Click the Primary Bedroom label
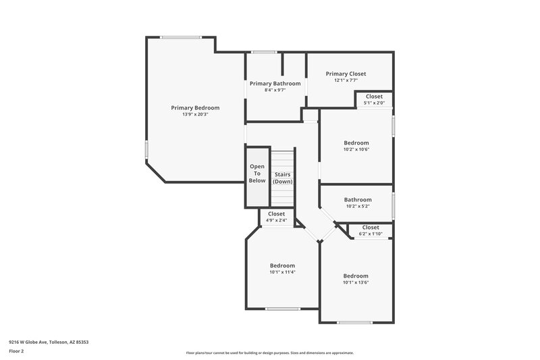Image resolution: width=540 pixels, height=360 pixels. tap(195, 107)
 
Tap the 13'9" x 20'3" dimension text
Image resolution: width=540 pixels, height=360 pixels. tap(195, 114)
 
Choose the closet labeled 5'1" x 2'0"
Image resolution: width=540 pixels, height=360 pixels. tap(374, 99)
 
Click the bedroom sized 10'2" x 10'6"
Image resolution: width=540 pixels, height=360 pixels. tap(356, 146)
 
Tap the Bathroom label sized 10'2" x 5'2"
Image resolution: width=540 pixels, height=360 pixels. tap(358, 203)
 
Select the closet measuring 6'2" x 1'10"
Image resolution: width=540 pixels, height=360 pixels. tap(371, 230)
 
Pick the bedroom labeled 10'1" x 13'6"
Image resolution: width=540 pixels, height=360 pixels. tap(356, 279)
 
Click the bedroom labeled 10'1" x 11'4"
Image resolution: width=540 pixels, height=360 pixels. tap(282, 269)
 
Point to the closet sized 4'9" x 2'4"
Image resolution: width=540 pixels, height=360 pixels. tap(277, 216)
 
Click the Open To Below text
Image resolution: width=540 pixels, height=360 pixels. tap(257, 174)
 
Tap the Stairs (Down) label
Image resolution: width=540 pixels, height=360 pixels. tap(282, 178)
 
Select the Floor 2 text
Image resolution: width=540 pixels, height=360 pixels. tap(17, 351)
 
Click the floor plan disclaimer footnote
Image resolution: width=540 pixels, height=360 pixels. tap(269, 353)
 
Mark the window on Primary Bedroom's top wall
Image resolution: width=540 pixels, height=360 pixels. tap(180, 37)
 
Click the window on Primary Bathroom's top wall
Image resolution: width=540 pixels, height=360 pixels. tap(263, 52)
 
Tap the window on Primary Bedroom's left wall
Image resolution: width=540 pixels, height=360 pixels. tap(146, 149)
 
